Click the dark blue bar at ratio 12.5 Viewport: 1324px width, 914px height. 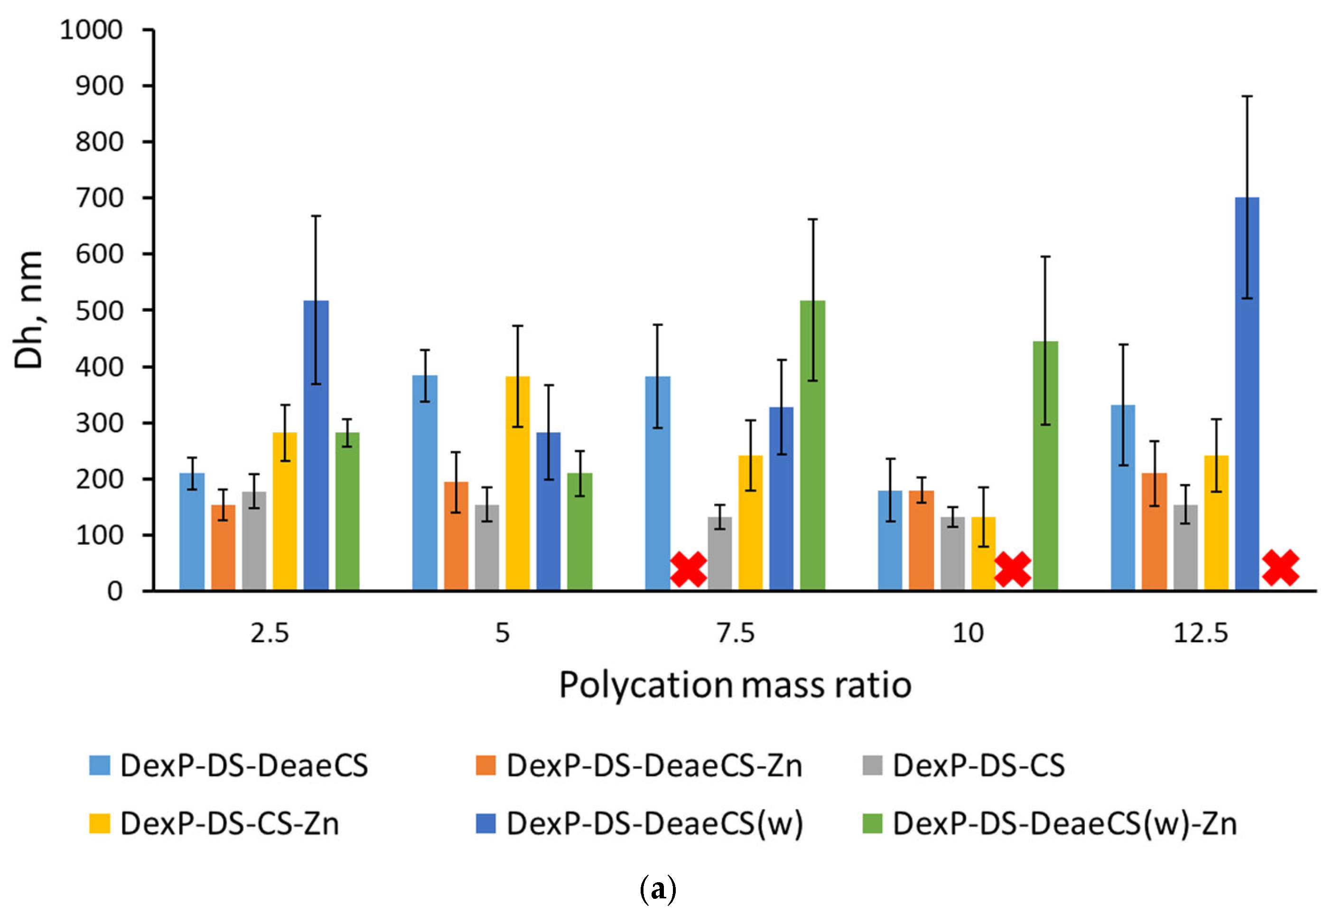1247,393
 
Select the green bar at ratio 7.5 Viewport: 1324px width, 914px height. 812,445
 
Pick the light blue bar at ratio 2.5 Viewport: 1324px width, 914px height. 192,532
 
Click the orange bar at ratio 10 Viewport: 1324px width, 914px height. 922,540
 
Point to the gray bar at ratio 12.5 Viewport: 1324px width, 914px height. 1185,548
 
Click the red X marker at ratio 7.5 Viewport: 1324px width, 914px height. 689,569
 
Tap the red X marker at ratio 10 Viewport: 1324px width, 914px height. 1013,569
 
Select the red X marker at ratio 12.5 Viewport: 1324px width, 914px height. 1280,568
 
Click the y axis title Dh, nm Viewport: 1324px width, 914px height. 28,310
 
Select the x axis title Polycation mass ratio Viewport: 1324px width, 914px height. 735,685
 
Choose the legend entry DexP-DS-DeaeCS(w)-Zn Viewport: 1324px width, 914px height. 1050,823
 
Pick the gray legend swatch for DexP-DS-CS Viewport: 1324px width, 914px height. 872,765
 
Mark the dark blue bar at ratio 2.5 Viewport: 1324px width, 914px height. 316,445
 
